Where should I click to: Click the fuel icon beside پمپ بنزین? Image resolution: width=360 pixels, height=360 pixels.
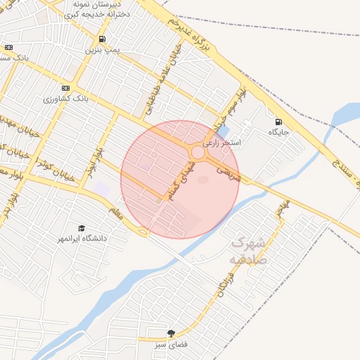(103, 39)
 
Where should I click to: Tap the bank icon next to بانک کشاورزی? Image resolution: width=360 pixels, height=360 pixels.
(65, 88)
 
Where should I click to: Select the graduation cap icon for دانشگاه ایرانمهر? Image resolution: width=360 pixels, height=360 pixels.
(82, 229)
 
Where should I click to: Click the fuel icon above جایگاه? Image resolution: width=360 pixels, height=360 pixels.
(278, 121)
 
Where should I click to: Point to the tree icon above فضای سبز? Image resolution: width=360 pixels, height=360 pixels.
(170, 333)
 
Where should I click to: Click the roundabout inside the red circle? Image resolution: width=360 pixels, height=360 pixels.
(199, 153)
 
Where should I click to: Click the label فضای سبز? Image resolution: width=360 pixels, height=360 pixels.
(170, 345)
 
